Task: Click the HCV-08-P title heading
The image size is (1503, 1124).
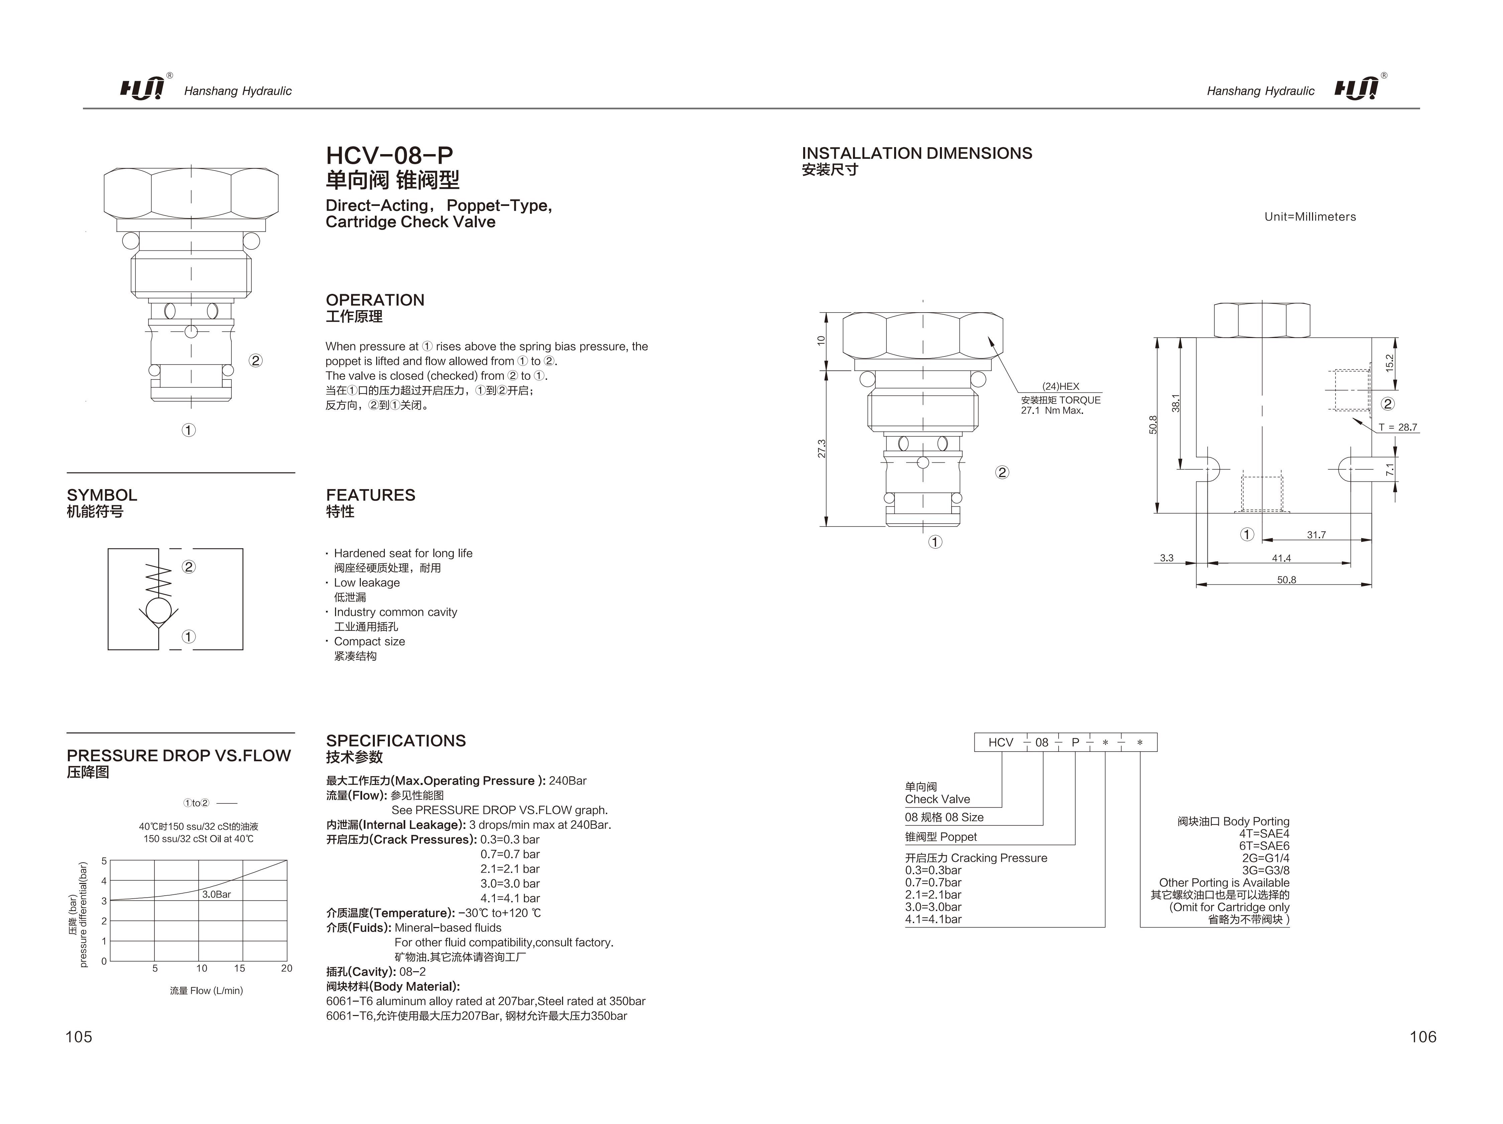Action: [x=389, y=155]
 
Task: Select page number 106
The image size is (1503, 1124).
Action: [x=1423, y=1036]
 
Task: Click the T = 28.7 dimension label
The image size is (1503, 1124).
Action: [x=1398, y=428]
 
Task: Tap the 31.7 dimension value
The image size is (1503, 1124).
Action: [x=1316, y=535]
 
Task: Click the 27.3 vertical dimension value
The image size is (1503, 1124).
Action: [x=822, y=449]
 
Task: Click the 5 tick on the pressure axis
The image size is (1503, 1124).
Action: [x=104, y=861]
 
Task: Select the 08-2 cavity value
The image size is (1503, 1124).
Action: [x=412, y=972]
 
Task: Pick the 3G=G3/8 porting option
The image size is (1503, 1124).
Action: [x=1265, y=871]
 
